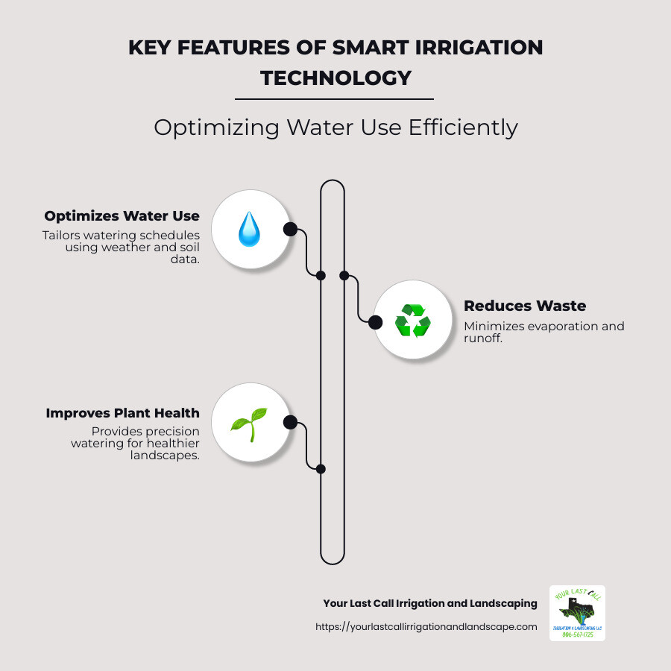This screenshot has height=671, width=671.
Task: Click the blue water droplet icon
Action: point(249,229)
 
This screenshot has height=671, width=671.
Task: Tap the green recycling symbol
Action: point(412,321)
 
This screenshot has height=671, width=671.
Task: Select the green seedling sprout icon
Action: point(248,423)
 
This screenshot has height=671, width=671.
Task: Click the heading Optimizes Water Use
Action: point(122,216)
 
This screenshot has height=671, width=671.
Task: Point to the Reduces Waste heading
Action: point(525,306)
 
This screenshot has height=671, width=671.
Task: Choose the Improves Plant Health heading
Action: point(122,413)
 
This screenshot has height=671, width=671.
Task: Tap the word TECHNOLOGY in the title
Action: point(335,78)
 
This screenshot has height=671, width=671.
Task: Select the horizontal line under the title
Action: point(334,98)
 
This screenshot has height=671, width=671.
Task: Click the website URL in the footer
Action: point(426,627)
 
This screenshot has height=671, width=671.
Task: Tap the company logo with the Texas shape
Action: point(577,613)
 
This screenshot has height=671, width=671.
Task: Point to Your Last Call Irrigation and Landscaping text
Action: point(429,603)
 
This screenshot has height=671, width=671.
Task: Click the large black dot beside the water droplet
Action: point(290,229)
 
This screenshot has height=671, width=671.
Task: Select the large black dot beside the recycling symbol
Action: point(376,322)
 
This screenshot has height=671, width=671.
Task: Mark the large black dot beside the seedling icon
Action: point(290,423)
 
